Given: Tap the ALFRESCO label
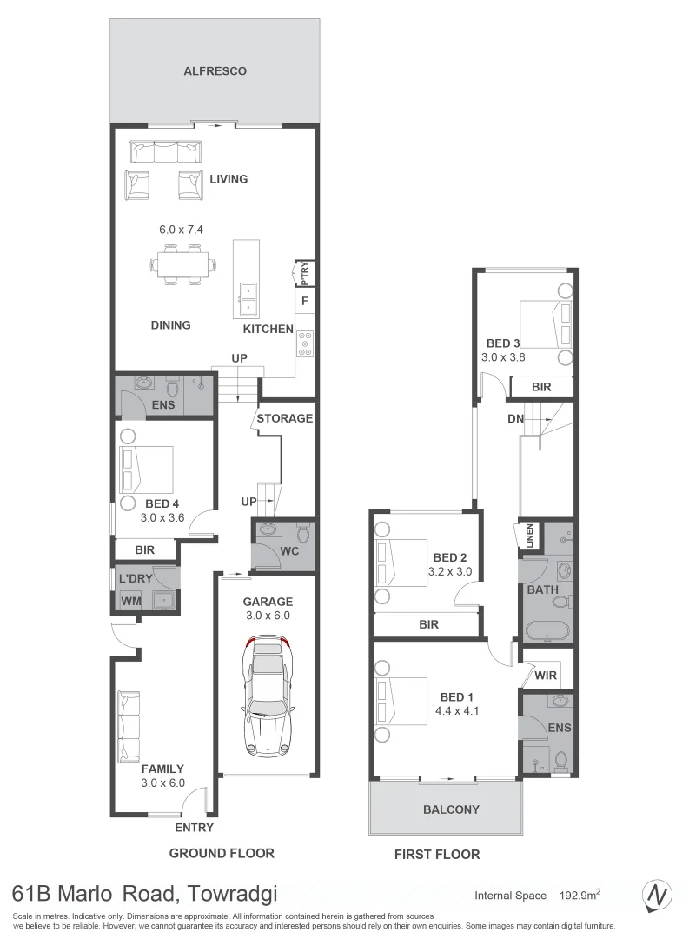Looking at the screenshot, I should pyautogui.click(x=215, y=71).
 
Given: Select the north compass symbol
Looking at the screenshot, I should pyautogui.click(x=658, y=895).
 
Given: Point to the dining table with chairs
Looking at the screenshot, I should pyautogui.click(x=183, y=263).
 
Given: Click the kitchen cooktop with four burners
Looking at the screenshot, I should pyautogui.click(x=306, y=345).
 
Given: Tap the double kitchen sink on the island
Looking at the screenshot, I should pyautogui.click(x=247, y=298).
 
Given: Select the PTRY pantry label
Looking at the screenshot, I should pyautogui.click(x=304, y=272).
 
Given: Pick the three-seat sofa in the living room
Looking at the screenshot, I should pyautogui.click(x=165, y=151).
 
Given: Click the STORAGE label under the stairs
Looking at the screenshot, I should pyautogui.click(x=284, y=418).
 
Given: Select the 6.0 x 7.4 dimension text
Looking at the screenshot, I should pyautogui.click(x=180, y=230).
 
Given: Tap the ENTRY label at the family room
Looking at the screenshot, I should pyautogui.click(x=194, y=828).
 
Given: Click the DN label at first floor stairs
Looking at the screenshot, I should pyautogui.click(x=516, y=418).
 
